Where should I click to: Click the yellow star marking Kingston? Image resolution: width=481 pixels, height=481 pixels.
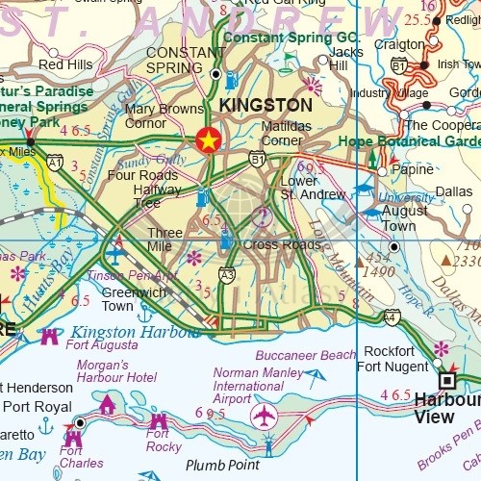pyautogui.click(x=207, y=140)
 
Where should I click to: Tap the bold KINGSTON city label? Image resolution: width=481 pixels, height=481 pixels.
pyautogui.click(x=265, y=105)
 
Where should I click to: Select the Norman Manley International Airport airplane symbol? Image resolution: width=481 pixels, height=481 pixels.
pyautogui.click(x=263, y=416)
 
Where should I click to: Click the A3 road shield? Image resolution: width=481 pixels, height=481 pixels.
pyautogui.click(x=227, y=275)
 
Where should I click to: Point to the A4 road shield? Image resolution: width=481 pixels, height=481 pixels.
pyautogui.click(x=391, y=316)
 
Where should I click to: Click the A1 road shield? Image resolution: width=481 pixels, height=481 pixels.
pyautogui.click(x=55, y=163)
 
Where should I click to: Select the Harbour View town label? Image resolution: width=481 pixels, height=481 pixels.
pyautogui.click(x=447, y=408)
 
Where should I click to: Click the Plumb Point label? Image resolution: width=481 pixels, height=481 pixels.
pyautogui.click(x=222, y=466)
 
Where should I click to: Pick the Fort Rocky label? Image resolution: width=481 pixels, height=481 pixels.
pyautogui.click(x=164, y=440)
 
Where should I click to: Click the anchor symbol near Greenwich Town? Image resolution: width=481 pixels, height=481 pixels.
pyautogui.click(x=145, y=315)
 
